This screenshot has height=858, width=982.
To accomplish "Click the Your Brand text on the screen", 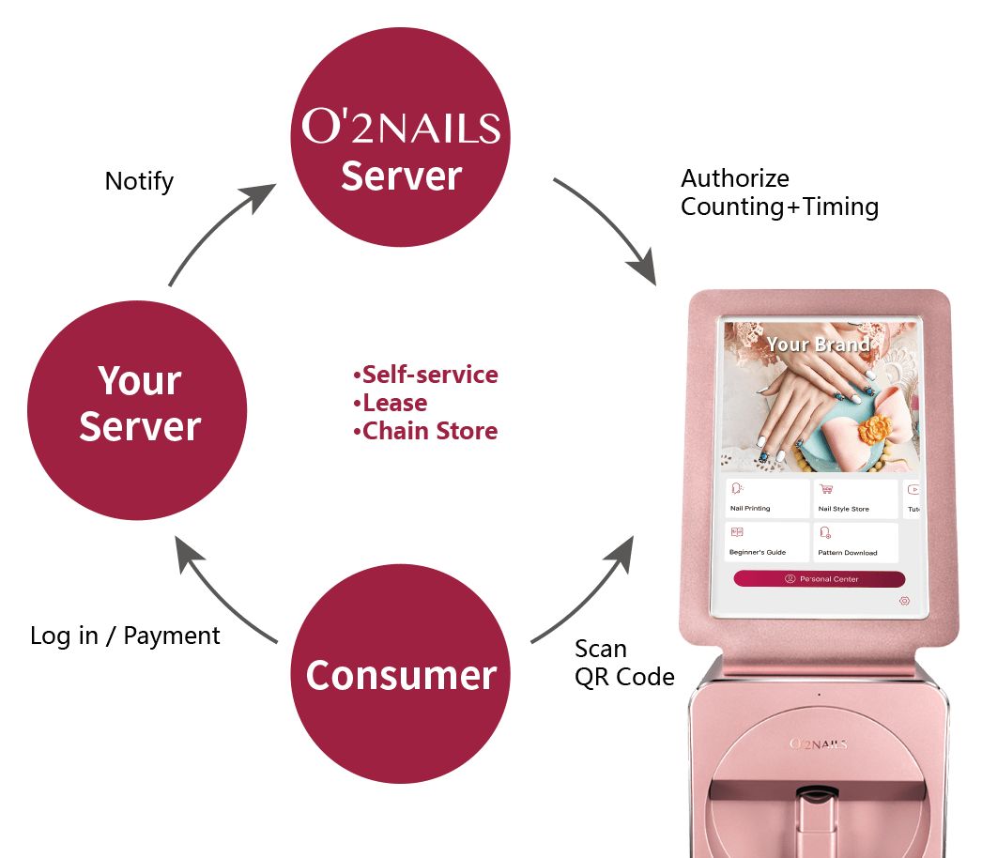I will point(818,345).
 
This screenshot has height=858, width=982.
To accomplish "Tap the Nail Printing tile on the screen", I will point(767,498).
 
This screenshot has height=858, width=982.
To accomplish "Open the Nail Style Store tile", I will point(853,498).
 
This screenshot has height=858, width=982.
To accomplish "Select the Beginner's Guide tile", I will point(767,543).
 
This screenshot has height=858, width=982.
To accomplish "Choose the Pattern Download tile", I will point(853,543).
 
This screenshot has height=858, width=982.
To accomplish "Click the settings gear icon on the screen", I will point(904,600).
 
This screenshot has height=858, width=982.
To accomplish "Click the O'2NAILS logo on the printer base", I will point(818,744).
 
